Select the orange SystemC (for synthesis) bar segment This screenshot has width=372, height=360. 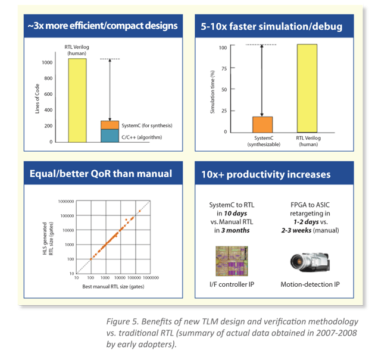coord(110,125)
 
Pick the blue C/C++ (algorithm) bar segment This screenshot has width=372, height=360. coord(110,136)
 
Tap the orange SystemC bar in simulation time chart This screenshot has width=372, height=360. coord(262,124)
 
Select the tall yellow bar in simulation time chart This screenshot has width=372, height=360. coord(307,88)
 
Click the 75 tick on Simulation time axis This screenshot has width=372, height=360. coord(223,68)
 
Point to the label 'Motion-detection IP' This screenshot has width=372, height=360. coord(310,284)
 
